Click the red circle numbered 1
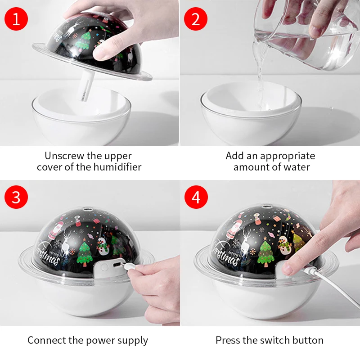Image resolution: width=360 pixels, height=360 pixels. click(x=16, y=19)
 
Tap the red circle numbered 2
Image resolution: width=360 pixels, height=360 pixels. click(x=196, y=19)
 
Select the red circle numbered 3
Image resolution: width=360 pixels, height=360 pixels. click(x=16, y=197)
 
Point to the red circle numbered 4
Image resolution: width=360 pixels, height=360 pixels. click(x=196, y=197)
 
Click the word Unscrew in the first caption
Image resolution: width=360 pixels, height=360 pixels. click(x=64, y=156)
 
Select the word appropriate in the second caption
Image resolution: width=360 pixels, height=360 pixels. click(x=288, y=156)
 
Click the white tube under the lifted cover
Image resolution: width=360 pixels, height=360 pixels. click(x=85, y=85)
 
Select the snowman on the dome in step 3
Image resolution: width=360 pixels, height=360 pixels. click(x=102, y=246)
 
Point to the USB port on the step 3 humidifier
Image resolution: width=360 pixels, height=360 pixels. click(x=117, y=265)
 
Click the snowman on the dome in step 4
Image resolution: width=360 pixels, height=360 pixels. click(x=284, y=245)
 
